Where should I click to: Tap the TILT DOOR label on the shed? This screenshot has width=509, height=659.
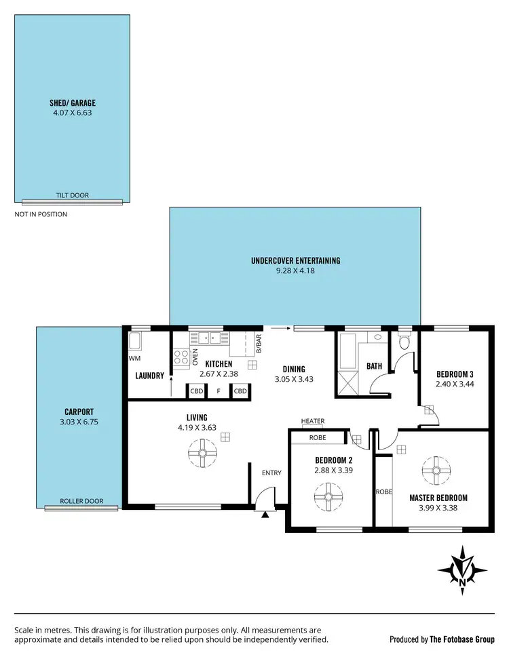[72, 195]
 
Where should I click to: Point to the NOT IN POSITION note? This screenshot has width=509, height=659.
[41, 214]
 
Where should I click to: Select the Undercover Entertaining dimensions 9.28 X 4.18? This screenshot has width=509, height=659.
[295, 271]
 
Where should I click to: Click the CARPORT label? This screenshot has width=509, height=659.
[79, 411]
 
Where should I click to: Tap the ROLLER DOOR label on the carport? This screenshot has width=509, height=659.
[81, 501]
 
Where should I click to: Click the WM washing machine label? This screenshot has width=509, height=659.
[134, 358]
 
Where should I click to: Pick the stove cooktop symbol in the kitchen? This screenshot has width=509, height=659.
[181, 357]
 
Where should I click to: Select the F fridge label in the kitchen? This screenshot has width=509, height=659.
[219, 391]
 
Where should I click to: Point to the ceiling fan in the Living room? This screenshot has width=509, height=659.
[202, 454]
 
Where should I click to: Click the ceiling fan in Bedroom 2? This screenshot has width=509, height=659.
[328, 496]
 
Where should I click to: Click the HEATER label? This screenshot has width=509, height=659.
[313, 421]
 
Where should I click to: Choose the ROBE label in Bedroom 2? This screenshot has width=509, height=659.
[318, 438]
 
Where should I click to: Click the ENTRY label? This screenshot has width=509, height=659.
[271, 473]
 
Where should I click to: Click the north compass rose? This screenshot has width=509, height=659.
[462, 567]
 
